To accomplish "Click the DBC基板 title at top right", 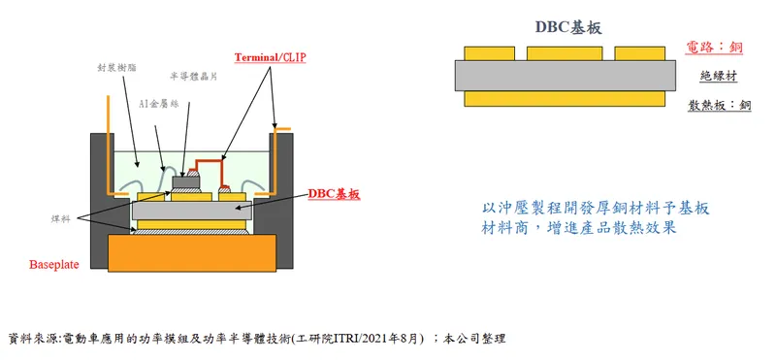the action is [x=568, y=27].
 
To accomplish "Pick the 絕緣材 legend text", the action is [x=719, y=75].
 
